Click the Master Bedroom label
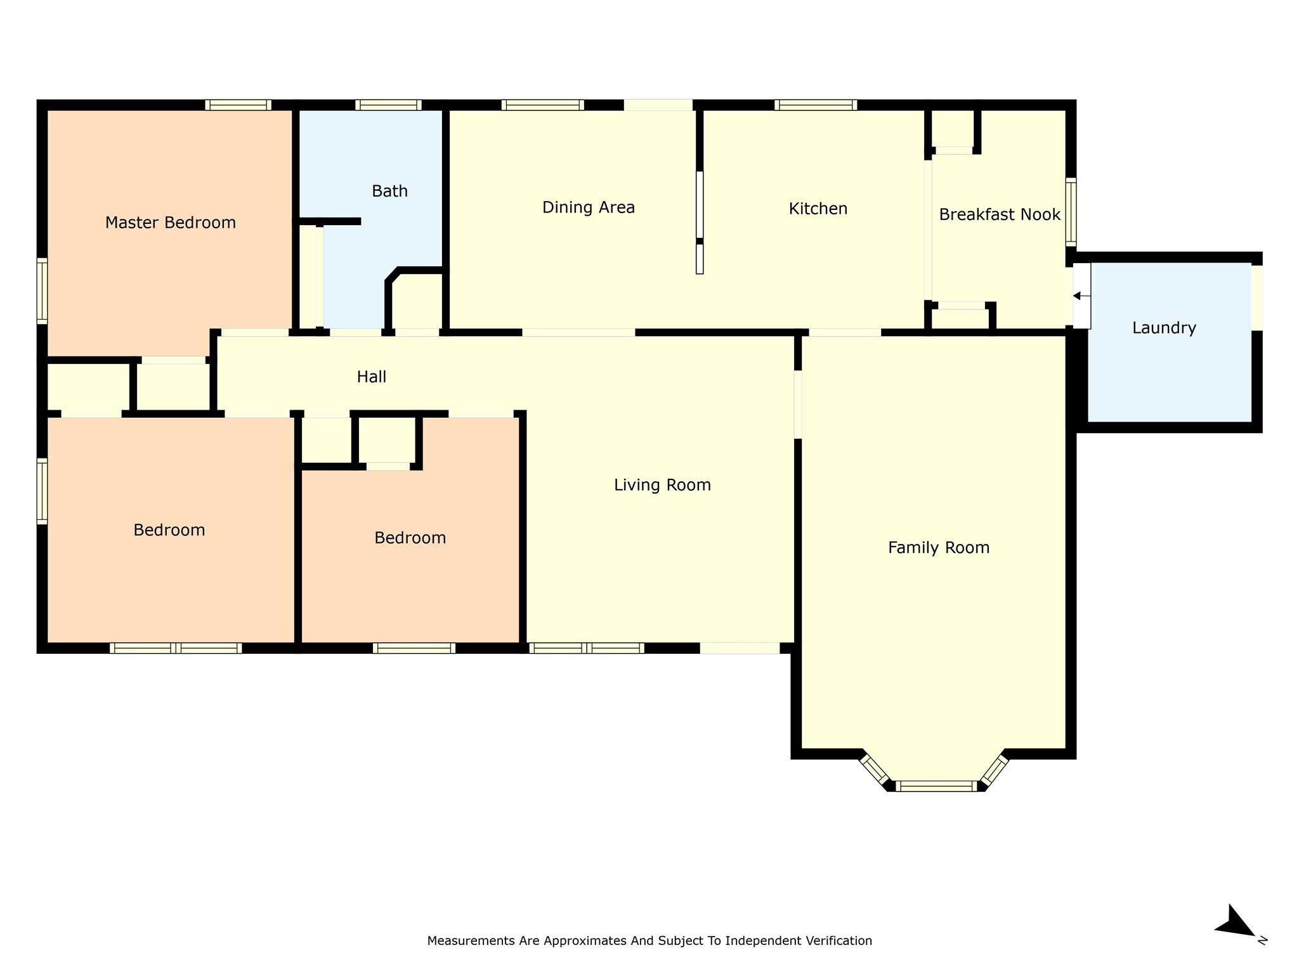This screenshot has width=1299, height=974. coord(170,223)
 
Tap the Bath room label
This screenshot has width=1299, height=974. coord(389,191)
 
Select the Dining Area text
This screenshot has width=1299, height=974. coord(588,207)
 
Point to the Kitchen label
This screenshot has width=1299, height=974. coord(818,209)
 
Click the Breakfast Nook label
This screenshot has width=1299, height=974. coord(999,214)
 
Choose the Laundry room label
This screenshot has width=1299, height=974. coord(1164,328)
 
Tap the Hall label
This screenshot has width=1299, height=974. coord(371,377)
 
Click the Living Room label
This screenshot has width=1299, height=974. coord(662,485)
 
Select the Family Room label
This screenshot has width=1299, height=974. coord(938,547)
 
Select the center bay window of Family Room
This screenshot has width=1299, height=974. coord(936,786)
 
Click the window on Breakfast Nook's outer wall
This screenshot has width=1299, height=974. coord(1071,212)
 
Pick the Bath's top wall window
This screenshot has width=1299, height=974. coord(388,105)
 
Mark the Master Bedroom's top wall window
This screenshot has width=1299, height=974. coord(238,105)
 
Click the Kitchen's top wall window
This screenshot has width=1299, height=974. coord(815,105)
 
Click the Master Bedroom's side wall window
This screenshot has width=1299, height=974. coord(42,290)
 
